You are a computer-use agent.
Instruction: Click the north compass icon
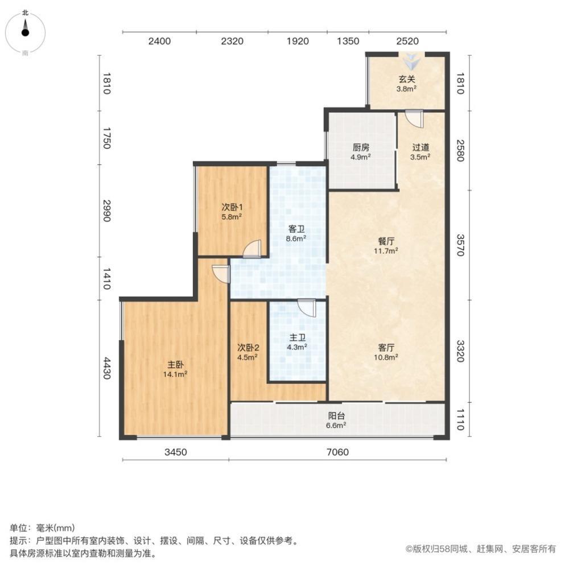pyautogui.click(x=26, y=31)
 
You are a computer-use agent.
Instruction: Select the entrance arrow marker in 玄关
pyautogui.click(x=409, y=60)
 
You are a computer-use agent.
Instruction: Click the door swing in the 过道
pyautogui.click(x=415, y=119)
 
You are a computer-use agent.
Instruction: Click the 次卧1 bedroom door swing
pyautogui.click(x=252, y=249)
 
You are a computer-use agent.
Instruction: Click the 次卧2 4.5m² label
pyautogui.click(x=249, y=352)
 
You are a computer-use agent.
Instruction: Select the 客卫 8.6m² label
pyautogui.click(x=296, y=234)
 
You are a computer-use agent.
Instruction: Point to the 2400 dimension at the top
pyautogui.click(x=159, y=41)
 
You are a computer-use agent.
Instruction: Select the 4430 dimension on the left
pyautogui.click(x=106, y=368)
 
